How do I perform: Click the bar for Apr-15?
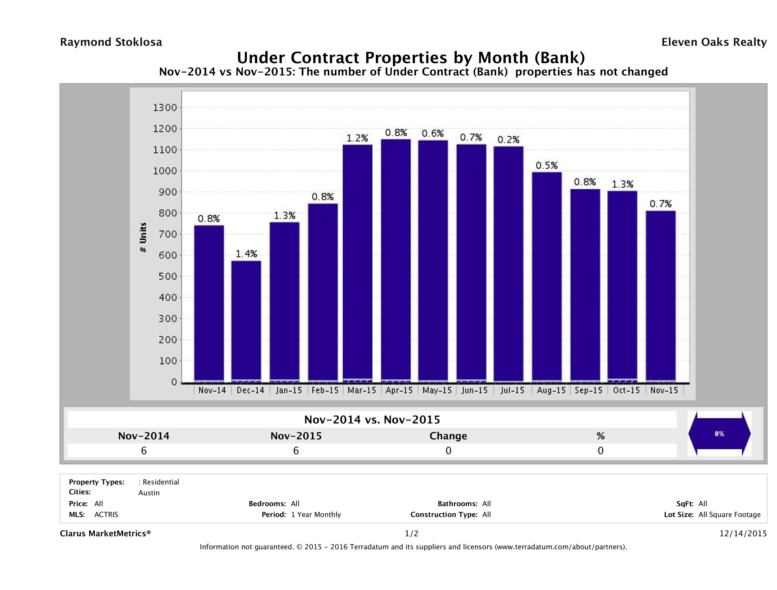(x=396, y=260)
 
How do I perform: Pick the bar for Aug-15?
(x=547, y=277)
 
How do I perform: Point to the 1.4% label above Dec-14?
(x=246, y=254)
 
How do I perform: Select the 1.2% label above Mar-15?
(x=357, y=138)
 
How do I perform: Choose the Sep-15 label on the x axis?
(x=588, y=390)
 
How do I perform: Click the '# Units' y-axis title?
(x=143, y=237)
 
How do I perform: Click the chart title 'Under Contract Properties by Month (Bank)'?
(x=411, y=57)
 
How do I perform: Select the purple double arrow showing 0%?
(x=719, y=434)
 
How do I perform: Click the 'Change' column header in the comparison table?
(x=448, y=436)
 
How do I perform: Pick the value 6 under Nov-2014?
(x=144, y=450)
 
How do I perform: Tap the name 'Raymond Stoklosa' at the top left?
(x=111, y=42)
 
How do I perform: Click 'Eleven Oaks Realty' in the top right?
(x=714, y=42)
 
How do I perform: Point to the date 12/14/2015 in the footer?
(x=743, y=533)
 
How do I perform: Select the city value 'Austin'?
(x=149, y=493)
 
